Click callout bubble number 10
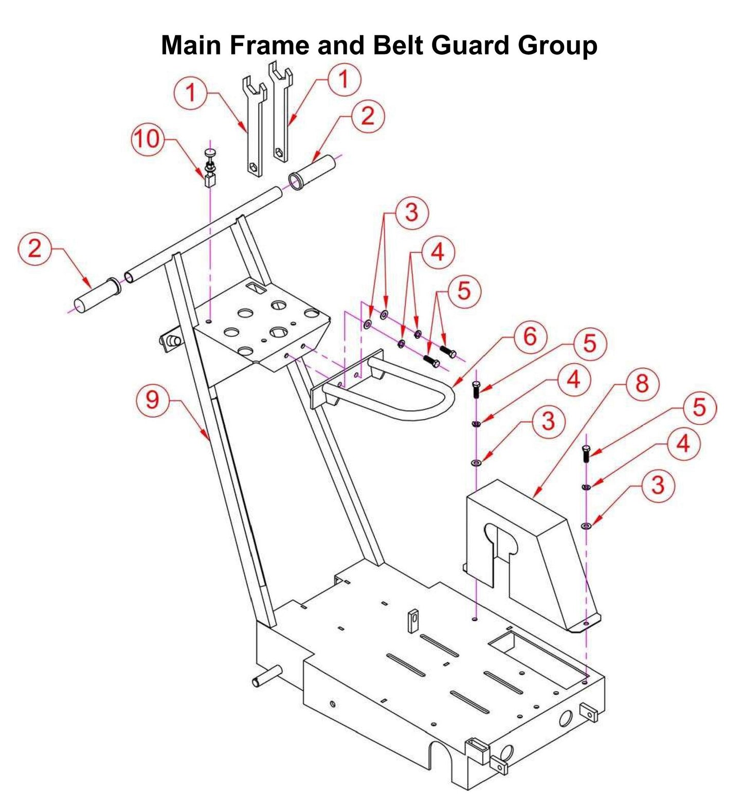click(x=148, y=139)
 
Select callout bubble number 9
click(x=152, y=400)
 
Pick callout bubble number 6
click(x=530, y=337)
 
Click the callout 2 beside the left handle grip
click(x=34, y=249)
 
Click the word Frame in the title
click(x=269, y=45)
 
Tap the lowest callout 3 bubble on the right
click(x=658, y=485)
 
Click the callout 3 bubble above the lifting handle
click(x=411, y=212)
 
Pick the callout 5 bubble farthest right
click(x=699, y=408)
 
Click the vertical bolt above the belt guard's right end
click(x=586, y=454)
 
